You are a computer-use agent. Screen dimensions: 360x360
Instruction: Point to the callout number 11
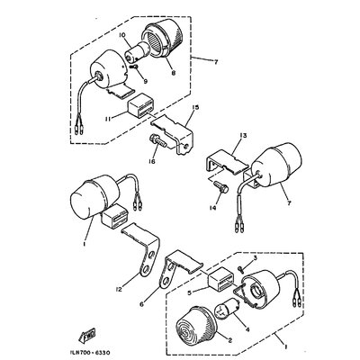105,118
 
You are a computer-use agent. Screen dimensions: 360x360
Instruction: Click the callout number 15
193,107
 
